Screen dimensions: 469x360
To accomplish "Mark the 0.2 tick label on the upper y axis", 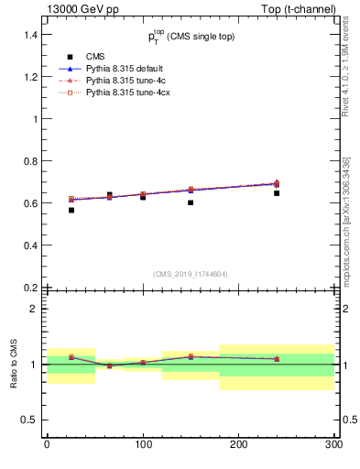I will [x=27, y=287].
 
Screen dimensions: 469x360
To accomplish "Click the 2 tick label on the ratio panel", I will [x=33, y=309].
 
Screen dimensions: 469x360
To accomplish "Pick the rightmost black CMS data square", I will [x=277, y=193].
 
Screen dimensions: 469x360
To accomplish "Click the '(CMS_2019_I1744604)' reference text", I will [x=191, y=273].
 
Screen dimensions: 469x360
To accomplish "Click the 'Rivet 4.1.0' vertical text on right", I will [x=346, y=78].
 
